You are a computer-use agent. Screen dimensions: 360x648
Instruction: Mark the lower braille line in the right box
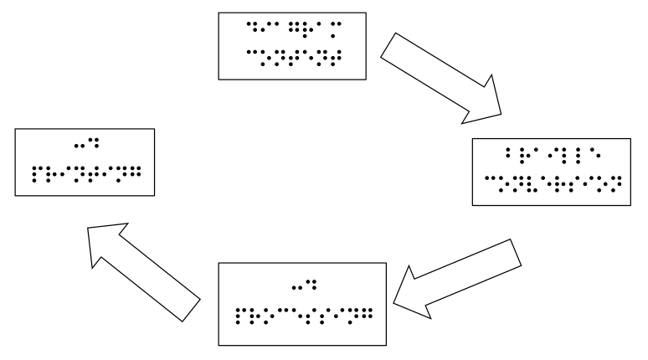(x=555, y=180)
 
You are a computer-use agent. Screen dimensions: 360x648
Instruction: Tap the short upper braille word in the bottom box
(x=301, y=289)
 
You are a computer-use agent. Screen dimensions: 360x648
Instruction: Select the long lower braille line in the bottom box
(x=301, y=317)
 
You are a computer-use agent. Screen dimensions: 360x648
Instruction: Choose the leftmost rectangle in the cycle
(x=85, y=162)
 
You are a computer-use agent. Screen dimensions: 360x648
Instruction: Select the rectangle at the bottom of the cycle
(x=301, y=303)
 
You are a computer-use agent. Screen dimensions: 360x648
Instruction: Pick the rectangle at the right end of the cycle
(x=555, y=170)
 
